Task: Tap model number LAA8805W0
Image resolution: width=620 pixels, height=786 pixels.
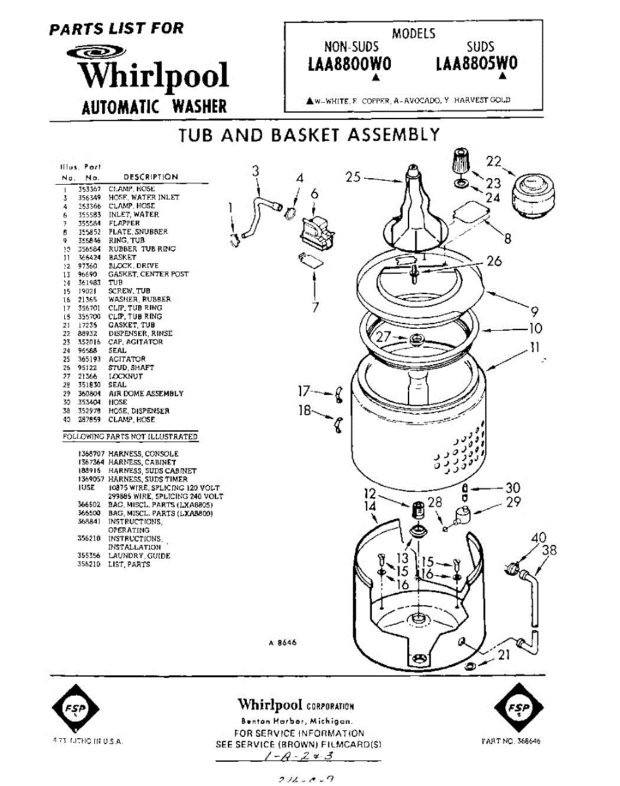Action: [x=476, y=64]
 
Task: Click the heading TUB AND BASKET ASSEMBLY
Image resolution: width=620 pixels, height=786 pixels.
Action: [x=309, y=136]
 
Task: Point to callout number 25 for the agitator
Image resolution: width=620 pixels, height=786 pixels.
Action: [x=353, y=177]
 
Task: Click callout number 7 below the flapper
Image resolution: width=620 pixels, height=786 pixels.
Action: [x=315, y=306]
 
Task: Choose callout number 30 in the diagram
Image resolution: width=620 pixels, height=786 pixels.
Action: [x=513, y=488]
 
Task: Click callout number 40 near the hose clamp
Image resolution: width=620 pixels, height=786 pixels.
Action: [x=539, y=538]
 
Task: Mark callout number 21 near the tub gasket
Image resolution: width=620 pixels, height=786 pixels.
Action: [x=504, y=653]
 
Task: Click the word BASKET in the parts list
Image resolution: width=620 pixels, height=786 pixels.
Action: [x=122, y=257]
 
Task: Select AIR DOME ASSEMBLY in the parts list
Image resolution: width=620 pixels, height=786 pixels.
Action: [x=145, y=394]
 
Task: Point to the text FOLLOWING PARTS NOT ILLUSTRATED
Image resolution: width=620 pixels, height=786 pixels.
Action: [x=130, y=436]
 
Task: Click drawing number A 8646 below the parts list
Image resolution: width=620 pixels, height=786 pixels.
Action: [x=282, y=643]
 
